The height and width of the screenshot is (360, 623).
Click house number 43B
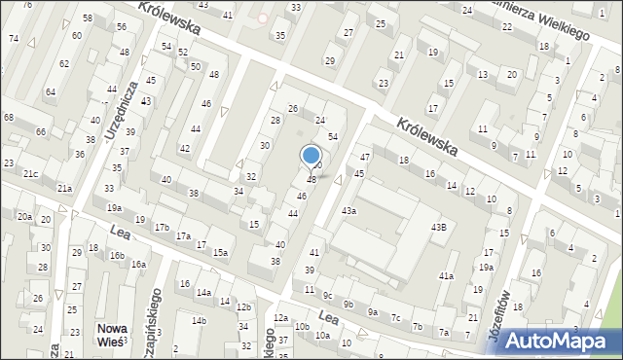tap(439, 227)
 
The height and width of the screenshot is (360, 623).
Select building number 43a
tap(348, 210)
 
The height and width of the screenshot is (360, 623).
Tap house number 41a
tap(445, 276)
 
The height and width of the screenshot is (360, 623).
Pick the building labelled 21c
tap(31, 173)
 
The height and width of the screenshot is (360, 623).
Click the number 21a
tap(64, 188)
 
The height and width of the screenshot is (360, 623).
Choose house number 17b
tap(162, 227)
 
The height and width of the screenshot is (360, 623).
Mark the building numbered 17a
tap(182, 235)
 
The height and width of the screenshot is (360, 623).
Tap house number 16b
tap(117, 255)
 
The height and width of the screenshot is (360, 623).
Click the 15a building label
tap(221, 253)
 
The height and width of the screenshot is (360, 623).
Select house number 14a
tap(203, 292)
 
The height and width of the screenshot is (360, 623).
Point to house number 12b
tap(243, 307)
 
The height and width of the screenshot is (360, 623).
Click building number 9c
tap(328, 295)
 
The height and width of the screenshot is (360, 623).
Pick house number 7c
tap(395, 317)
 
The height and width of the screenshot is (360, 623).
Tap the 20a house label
tap(23, 216)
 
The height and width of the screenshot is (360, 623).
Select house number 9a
tap(372, 312)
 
